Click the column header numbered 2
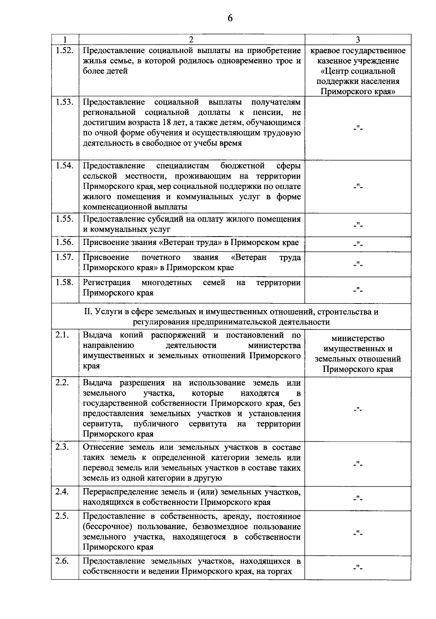[191, 39]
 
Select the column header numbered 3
[358, 39]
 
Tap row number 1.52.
[65, 51]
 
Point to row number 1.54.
[65, 166]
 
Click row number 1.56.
[65, 242]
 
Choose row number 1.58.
[65, 282]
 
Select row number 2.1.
[62, 335]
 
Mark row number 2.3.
[62, 447]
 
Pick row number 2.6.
[62, 561]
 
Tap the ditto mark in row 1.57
[358, 264]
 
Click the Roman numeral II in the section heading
[89, 312]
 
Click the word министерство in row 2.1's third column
[358, 338]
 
